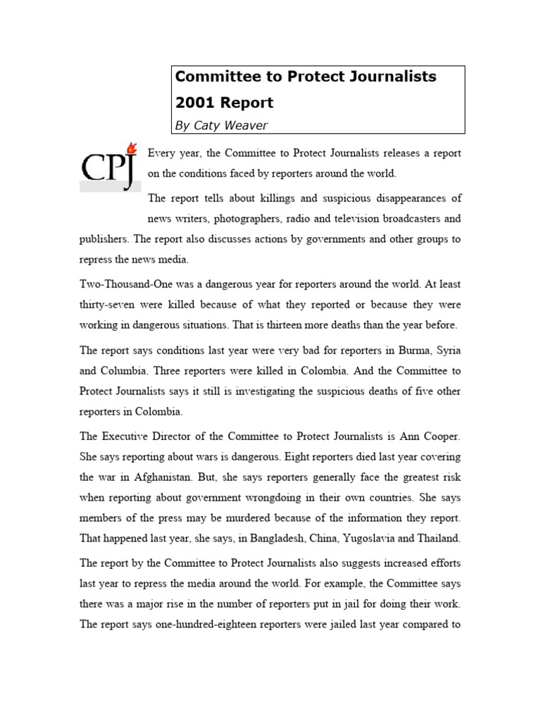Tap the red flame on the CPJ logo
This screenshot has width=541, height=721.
pyautogui.click(x=130, y=147)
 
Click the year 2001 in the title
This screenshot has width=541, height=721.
pyautogui.click(x=195, y=102)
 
